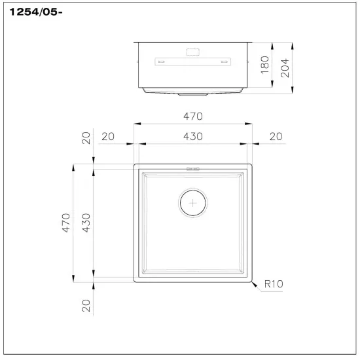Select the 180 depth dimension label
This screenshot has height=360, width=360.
[x=265, y=63]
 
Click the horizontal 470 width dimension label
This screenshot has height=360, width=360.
[x=193, y=116]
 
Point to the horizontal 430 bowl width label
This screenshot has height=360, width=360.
[x=193, y=136]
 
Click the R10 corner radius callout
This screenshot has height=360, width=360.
[x=275, y=285]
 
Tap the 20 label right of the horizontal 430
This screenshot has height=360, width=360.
[x=275, y=136]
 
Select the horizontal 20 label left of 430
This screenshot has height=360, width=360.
[x=108, y=136]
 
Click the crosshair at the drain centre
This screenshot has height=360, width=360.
[x=193, y=204]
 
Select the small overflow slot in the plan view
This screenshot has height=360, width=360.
[x=193, y=168]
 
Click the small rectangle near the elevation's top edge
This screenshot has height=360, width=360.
[x=193, y=50]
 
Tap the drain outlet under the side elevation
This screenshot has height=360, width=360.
[x=193, y=94]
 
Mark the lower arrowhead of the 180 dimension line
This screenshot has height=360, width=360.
[x=272, y=84]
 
